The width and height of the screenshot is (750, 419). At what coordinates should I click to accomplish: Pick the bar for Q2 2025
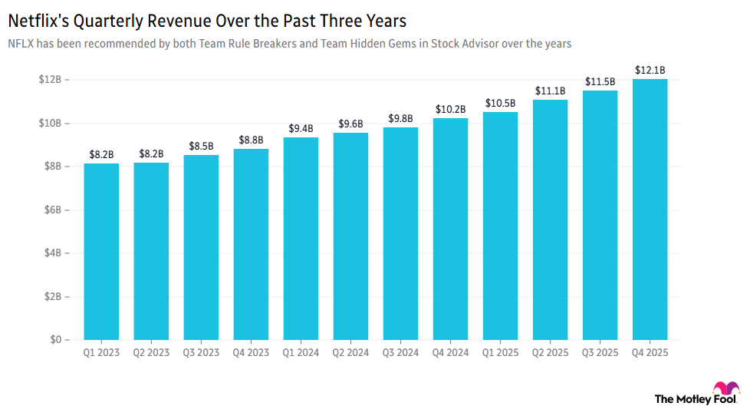[550, 219]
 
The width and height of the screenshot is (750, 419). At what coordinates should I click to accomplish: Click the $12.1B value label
[650, 70]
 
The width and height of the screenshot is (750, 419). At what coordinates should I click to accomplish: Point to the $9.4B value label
[301, 128]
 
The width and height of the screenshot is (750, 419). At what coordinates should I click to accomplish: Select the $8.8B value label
[251, 140]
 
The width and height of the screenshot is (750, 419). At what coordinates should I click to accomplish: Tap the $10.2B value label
[450, 109]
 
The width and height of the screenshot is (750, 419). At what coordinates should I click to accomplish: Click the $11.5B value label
[600, 81]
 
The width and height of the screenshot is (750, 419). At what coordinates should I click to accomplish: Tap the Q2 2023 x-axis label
[151, 353]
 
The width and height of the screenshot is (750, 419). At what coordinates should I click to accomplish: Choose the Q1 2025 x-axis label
[500, 353]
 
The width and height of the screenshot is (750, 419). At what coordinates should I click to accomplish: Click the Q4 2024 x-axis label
[450, 353]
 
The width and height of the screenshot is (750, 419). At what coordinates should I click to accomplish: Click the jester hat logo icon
[725, 391]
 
